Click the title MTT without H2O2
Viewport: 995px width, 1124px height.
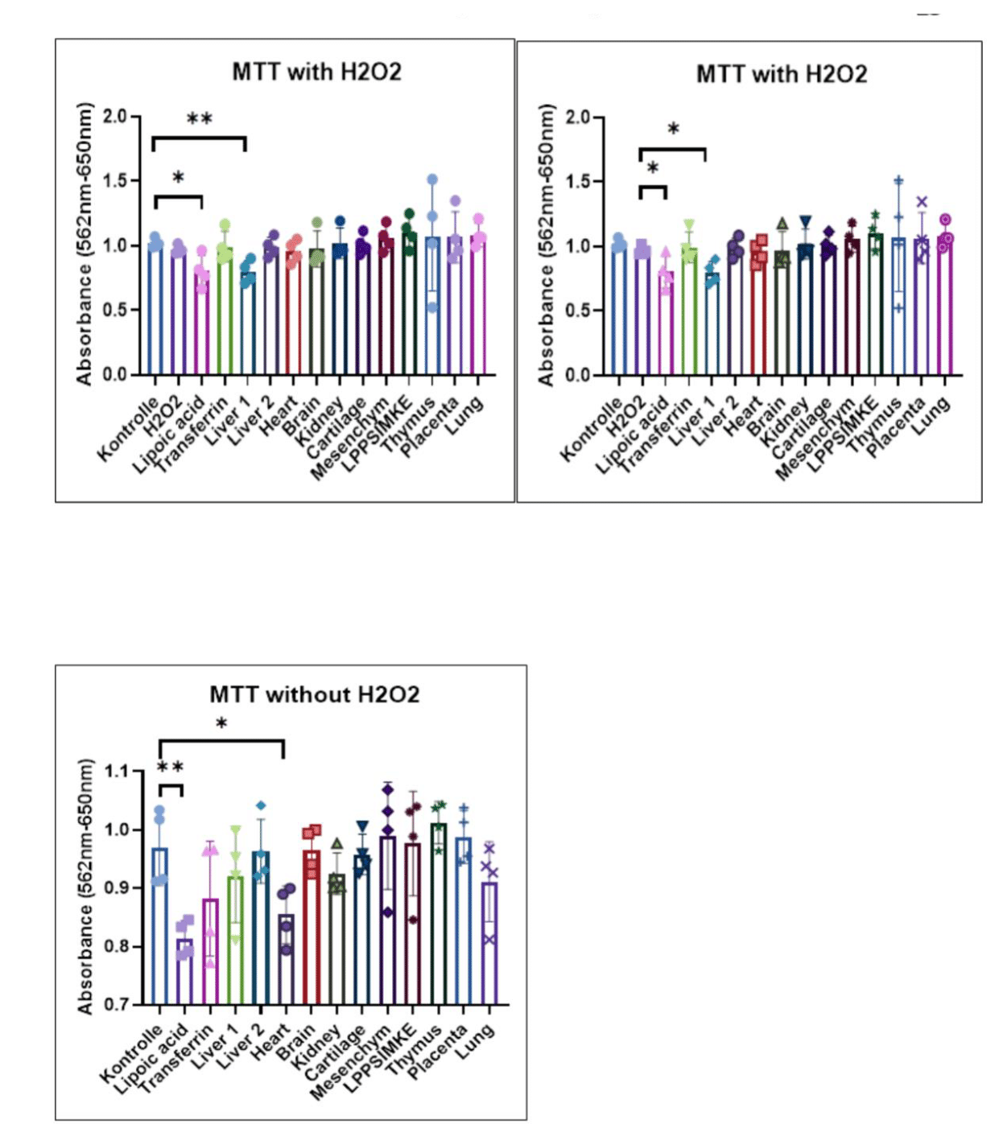314,694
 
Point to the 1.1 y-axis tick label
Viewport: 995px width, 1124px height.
117,771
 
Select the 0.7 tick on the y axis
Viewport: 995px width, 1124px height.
117,1004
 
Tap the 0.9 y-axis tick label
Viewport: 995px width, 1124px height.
117,887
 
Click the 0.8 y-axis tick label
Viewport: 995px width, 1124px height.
117,946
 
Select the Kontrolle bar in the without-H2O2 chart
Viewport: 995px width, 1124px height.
159,925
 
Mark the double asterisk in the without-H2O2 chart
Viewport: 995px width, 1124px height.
170,768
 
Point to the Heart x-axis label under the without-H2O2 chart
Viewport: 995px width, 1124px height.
271,1043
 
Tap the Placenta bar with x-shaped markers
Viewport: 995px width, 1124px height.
922,306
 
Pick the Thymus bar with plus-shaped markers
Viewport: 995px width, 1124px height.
898,306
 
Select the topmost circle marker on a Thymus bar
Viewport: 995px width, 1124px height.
432,179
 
